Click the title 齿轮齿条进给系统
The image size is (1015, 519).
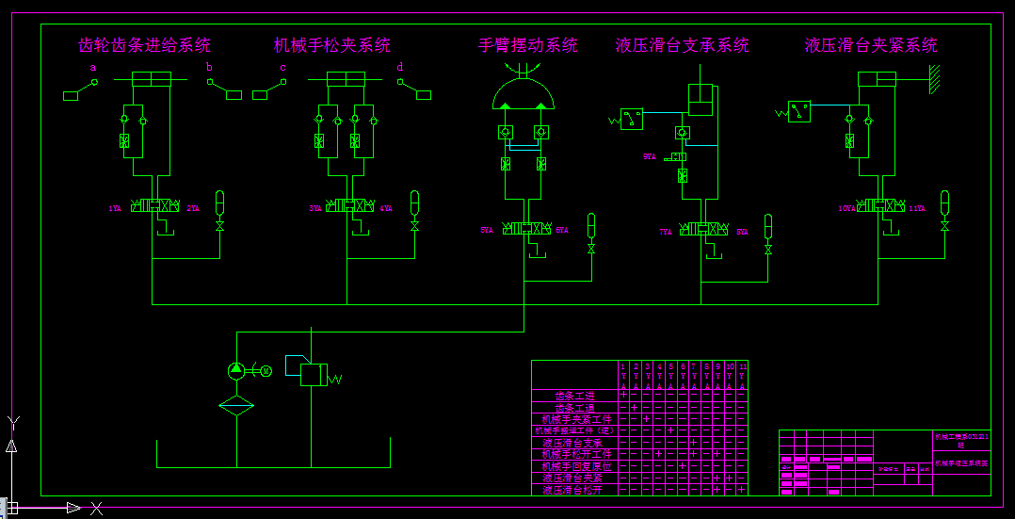[x=144, y=45]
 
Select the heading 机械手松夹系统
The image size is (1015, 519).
[x=331, y=45]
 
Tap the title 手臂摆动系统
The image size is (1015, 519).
[x=528, y=45]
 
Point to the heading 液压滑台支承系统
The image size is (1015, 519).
[x=683, y=45]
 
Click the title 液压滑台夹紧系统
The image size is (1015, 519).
[x=871, y=45]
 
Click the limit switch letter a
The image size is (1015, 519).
[x=93, y=68]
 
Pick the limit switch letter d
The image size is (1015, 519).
[x=400, y=68]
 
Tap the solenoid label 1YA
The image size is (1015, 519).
[x=115, y=208]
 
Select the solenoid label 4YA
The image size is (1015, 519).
[x=386, y=208]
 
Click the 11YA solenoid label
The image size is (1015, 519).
[x=917, y=208]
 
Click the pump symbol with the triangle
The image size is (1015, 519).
[x=235, y=371]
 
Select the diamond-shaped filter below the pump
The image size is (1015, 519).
[x=235, y=406]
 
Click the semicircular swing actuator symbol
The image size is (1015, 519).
[x=523, y=94]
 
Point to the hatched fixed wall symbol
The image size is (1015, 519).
[x=935, y=78]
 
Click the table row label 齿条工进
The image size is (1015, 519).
[x=574, y=396]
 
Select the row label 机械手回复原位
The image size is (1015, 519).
[x=574, y=465]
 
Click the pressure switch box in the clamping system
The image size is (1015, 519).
[x=799, y=111]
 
